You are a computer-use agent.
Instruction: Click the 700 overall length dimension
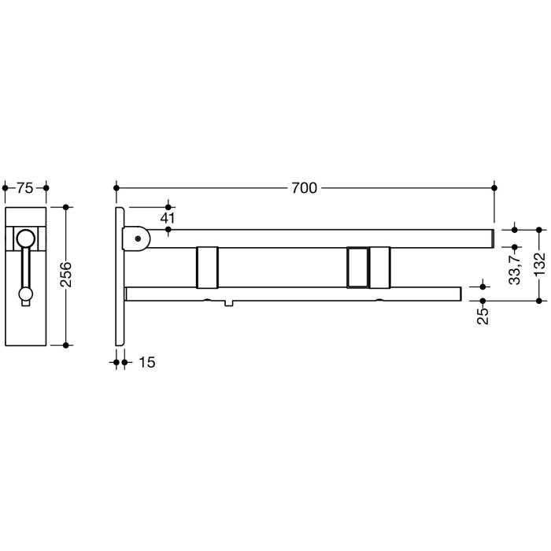(304, 187)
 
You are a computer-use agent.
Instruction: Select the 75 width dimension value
(24, 187)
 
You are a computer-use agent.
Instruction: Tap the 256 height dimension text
(66, 275)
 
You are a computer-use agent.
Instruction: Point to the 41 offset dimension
(168, 217)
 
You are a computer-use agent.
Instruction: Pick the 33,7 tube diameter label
(513, 268)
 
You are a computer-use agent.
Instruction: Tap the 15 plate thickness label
(146, 362)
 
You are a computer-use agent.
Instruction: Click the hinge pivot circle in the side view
(138, 237)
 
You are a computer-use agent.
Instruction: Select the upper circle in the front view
(25, 237)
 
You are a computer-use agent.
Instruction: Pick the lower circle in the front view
(25, 294)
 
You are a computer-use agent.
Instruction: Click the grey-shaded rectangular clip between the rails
(357, 267)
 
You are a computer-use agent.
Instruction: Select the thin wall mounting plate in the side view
(120, 275)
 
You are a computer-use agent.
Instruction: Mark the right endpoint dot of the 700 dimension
(494, 187)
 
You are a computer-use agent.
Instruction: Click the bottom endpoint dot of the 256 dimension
(66, 344)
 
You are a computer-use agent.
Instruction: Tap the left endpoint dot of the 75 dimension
(6, 187)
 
